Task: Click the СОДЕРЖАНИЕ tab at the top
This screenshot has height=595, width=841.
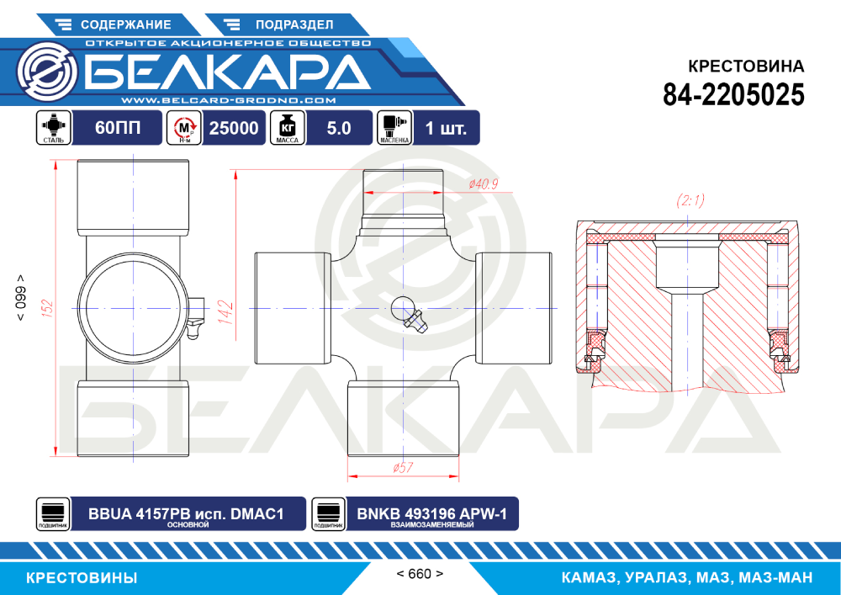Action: [x=118, y=24]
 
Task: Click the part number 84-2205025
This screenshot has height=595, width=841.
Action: [x=733, y=95]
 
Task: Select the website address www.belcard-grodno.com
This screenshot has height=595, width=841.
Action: [x=229, y=100]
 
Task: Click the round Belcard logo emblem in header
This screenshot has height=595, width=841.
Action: [x=47, y=71]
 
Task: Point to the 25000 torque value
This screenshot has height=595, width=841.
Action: [x=233, y=128]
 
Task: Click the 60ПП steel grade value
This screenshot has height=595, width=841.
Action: [x=118, y=128]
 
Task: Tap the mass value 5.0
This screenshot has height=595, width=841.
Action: [x=338, y=128]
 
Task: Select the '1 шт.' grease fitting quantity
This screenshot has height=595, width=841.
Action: [x=446, y=128]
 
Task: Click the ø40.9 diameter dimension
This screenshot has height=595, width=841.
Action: [x=484, y=184]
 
